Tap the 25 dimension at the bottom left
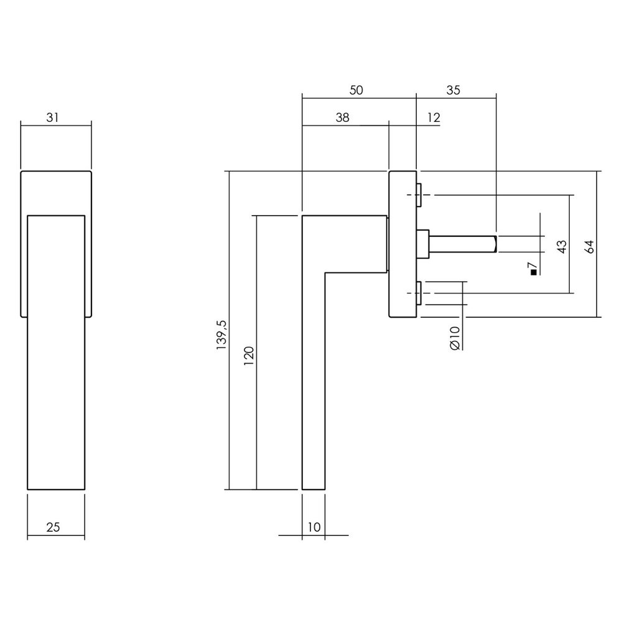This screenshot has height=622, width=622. [53, 527]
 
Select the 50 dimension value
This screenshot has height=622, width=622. [355, 90]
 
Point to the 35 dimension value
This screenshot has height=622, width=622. [453, 90]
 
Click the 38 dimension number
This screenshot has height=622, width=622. [342, 117]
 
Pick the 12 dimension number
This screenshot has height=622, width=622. [434, 117]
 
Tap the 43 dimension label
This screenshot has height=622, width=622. [562, 246]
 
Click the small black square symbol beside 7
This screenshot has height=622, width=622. [532, 271]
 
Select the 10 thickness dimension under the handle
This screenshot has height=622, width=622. [313, 527]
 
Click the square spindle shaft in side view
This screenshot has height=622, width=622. [463, 244]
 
